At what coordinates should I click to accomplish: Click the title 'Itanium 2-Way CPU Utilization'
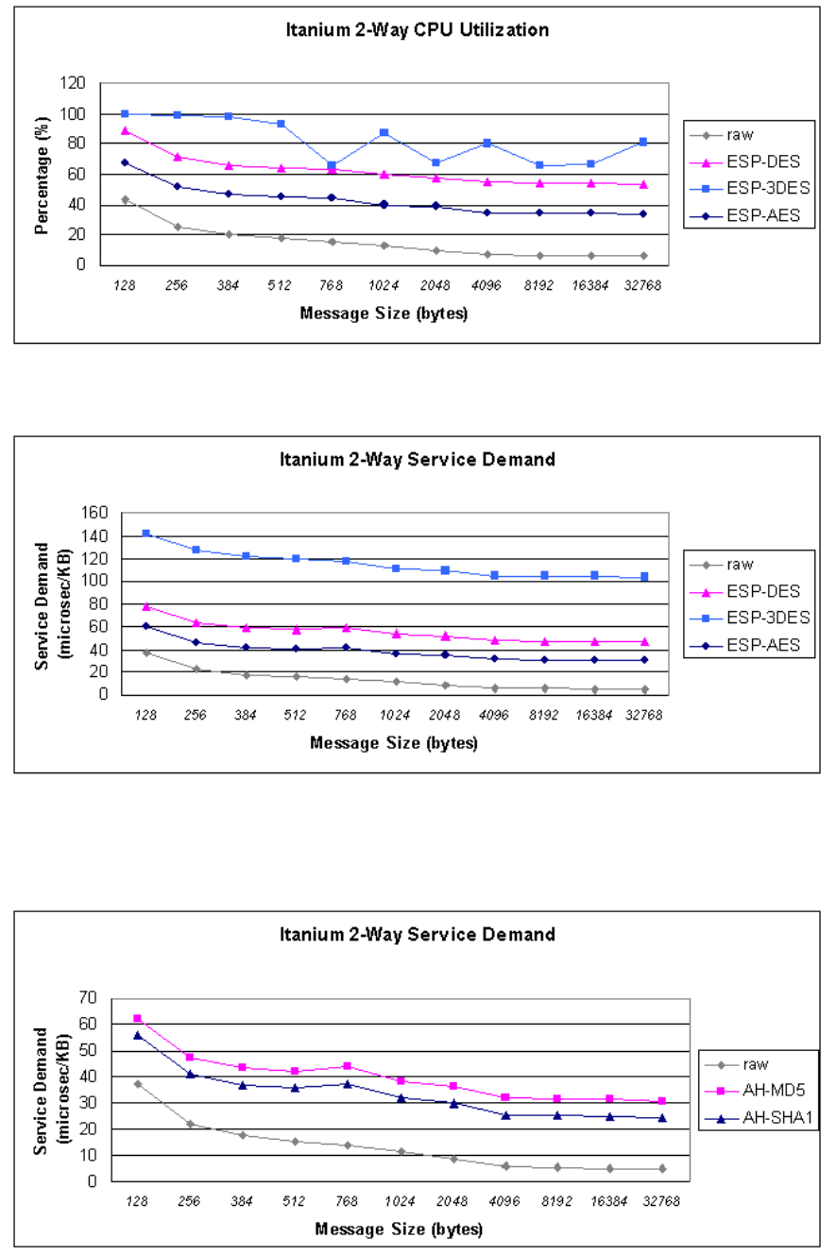(x=418, y=29)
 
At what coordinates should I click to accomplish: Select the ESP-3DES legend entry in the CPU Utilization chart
(x=749, y=188)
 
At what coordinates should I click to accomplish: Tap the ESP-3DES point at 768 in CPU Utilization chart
(x=332, y=166)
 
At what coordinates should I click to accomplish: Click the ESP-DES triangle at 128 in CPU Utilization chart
(x=125, y=131)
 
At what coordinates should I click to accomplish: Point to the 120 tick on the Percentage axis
(x=73, y=83)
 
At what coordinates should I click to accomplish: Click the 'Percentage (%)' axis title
(x=41, y=176)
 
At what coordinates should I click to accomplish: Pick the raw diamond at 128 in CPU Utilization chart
(x=125, y=199)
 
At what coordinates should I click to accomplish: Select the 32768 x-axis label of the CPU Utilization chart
(x=642, y=286)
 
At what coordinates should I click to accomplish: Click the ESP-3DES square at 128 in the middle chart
(x=146, y=534)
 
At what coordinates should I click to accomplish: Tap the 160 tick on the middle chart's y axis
(x=94, y=513)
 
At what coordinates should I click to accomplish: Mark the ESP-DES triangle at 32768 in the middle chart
(x=644, y=641)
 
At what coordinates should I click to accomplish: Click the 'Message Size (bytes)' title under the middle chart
(x=394, y=743)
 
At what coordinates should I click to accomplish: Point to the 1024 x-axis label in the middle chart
(x=395, y=716)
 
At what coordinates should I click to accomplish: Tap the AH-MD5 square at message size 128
(x=137, y=1019)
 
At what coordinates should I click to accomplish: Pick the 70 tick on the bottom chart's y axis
(x=88, y=998)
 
